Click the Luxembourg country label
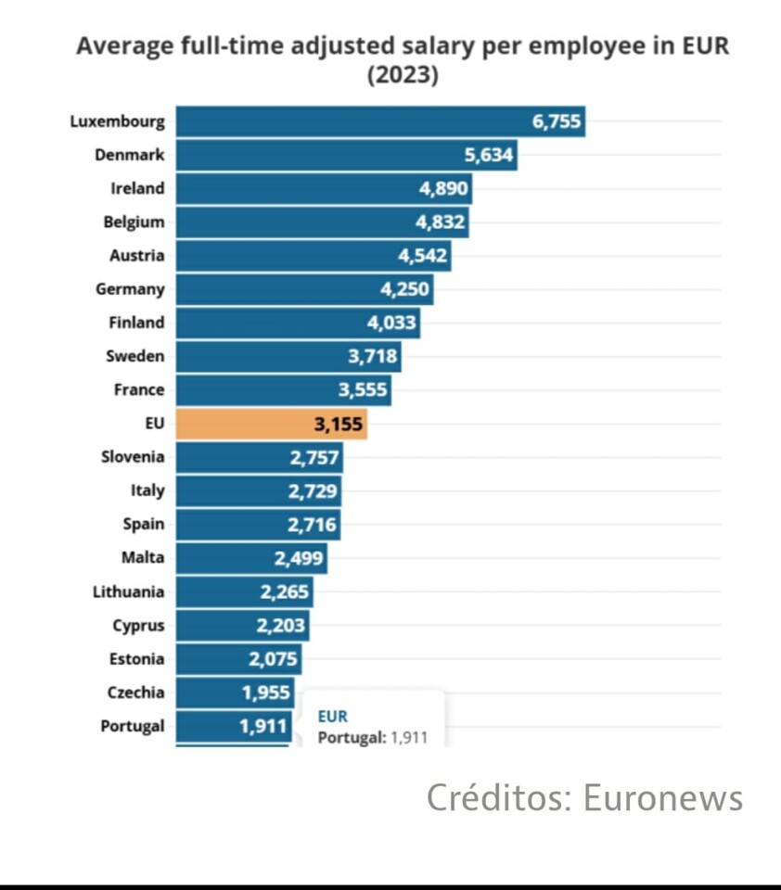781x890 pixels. tap(117, 121)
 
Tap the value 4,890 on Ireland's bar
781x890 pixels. tap(444, 188)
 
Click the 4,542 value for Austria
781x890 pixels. tap(422, 256)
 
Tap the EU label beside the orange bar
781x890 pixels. tap(155, 424)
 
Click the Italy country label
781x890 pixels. tap(147, 490)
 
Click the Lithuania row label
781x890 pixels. tap(128, 591)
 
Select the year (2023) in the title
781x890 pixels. tap(403, 75)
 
